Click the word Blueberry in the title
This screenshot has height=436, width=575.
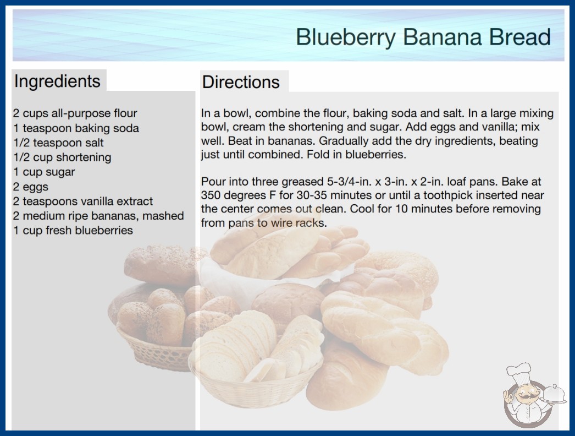[345, 37]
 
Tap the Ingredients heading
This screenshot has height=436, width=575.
[57, 81]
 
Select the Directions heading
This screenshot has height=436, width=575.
[241, 82]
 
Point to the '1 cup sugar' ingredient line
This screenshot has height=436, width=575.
[44, 172]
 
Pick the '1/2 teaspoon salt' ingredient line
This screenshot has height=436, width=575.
[58, 143]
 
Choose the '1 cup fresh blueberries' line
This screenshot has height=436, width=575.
[73, 230]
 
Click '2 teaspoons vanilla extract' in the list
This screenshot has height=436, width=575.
[83, 201]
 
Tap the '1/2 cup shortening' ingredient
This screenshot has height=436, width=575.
[62, 157]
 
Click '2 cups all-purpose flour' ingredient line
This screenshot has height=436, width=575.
[75, 113]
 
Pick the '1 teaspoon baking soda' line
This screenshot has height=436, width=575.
[76, 128]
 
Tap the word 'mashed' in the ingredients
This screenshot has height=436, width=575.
[163, 216]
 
